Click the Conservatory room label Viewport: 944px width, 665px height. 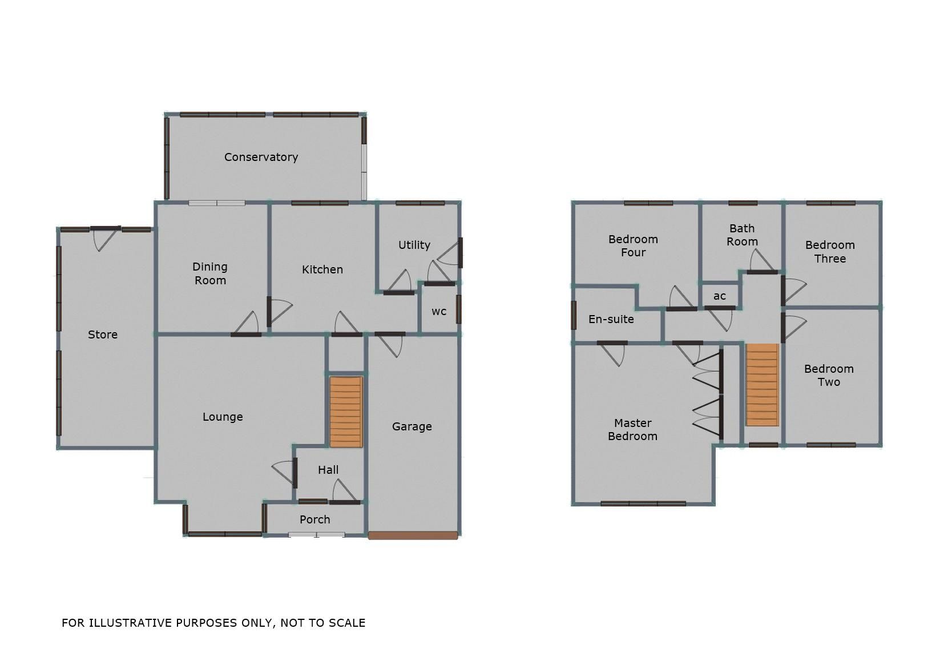(261, 157)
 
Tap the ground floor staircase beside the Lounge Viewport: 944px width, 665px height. (346, 411)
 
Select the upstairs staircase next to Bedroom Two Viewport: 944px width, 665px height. (762, 384)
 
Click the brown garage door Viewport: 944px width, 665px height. (413, 535)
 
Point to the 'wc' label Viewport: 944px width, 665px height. (439, 311)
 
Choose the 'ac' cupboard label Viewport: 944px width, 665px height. (720, 296)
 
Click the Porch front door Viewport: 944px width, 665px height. (316, 535)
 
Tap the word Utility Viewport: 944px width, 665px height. (414, 245)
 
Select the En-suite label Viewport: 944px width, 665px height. (611, 319)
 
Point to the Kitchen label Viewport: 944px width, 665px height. (322, 269)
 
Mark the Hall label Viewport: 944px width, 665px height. (328, 470)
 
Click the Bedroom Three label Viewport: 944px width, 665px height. (830, 252)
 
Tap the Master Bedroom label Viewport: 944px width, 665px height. (632, 429)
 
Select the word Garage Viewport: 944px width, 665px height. (412, 426)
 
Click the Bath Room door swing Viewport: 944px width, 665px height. (761, 261)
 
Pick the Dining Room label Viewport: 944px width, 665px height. (210, 273)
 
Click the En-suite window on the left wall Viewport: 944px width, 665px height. (574, 315)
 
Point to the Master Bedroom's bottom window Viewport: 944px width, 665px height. (643, 503)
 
